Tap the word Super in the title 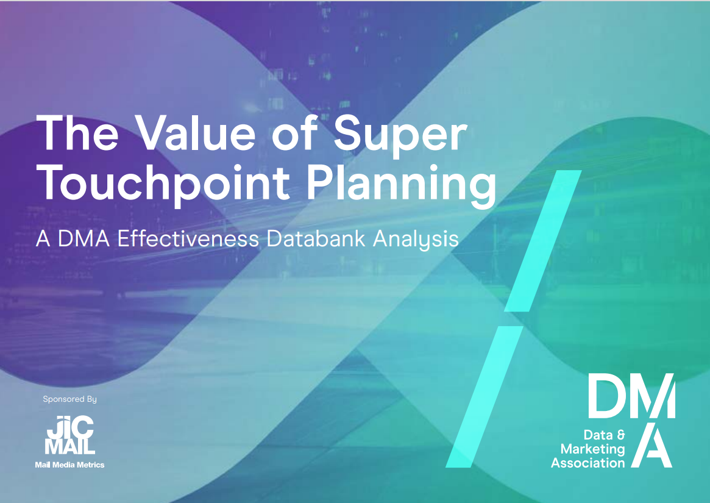pyautogui.click(x=401, y=135)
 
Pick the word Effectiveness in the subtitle pyautogui.click(x=188, y=238)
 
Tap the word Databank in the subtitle pyautogui.click(x=316, y=238)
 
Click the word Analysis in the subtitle pyautogui.click(x=416, y=239)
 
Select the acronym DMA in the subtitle pyautogui.click(x=83, y=239)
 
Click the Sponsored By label pyautogui.click(x=69, y=399)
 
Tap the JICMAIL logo pyautogui.click(x=69, y=435)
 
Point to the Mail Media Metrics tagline pyautogui.click(x=69, y=465)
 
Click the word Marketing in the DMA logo pyautogui.click(x=592, y=449)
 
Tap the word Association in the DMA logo pyautogui.click(x=588, y=463)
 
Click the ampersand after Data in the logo pyautogui.click(x=621, y=435)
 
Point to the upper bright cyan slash pyautogui.click(x=543, y=241)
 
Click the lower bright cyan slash pyautogui.click(x=485, y=396)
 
